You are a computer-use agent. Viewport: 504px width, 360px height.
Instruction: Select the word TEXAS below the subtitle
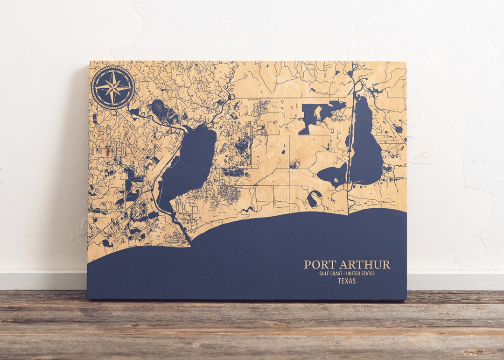click(347, 281)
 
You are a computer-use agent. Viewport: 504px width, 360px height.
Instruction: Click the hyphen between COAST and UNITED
click(347, 274)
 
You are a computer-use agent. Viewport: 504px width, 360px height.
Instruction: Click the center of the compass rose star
click(113, 87)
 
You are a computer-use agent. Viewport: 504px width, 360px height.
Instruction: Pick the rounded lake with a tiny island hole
click(332, 175)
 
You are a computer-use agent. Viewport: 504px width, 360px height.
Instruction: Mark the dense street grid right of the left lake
click(230, 192)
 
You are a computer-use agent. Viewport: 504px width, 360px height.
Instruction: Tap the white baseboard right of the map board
click(455, 281)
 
